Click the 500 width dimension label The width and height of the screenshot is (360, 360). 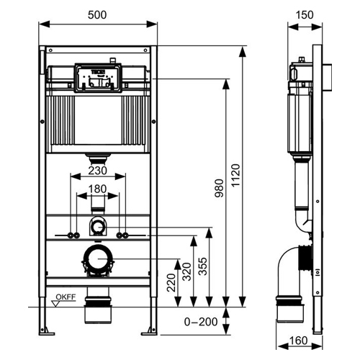click(97, 15)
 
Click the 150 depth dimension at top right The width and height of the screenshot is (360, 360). click(305, 15)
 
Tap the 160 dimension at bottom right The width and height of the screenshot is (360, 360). click(298, 341)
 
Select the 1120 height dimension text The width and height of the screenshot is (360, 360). click(235, 175)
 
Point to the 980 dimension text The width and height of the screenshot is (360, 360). click(219, 188)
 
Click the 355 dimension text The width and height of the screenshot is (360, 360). click(202, 266)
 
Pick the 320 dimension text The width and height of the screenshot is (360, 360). click(186, 271)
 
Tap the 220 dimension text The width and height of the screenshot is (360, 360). click(171, 283)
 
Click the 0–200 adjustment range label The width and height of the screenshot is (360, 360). click(201, 322)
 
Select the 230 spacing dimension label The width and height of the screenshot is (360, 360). click(97, 171)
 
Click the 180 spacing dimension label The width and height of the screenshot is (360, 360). click(97, 189)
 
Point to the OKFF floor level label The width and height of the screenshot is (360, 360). click(66, 297)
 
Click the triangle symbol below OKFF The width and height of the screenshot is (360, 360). click(56, 304)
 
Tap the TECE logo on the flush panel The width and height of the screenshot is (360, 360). click(98, 72)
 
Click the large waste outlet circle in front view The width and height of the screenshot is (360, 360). click(98, 259)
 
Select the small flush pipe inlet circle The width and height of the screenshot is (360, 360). click(98, 227)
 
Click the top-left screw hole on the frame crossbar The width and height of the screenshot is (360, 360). click(50, 50)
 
